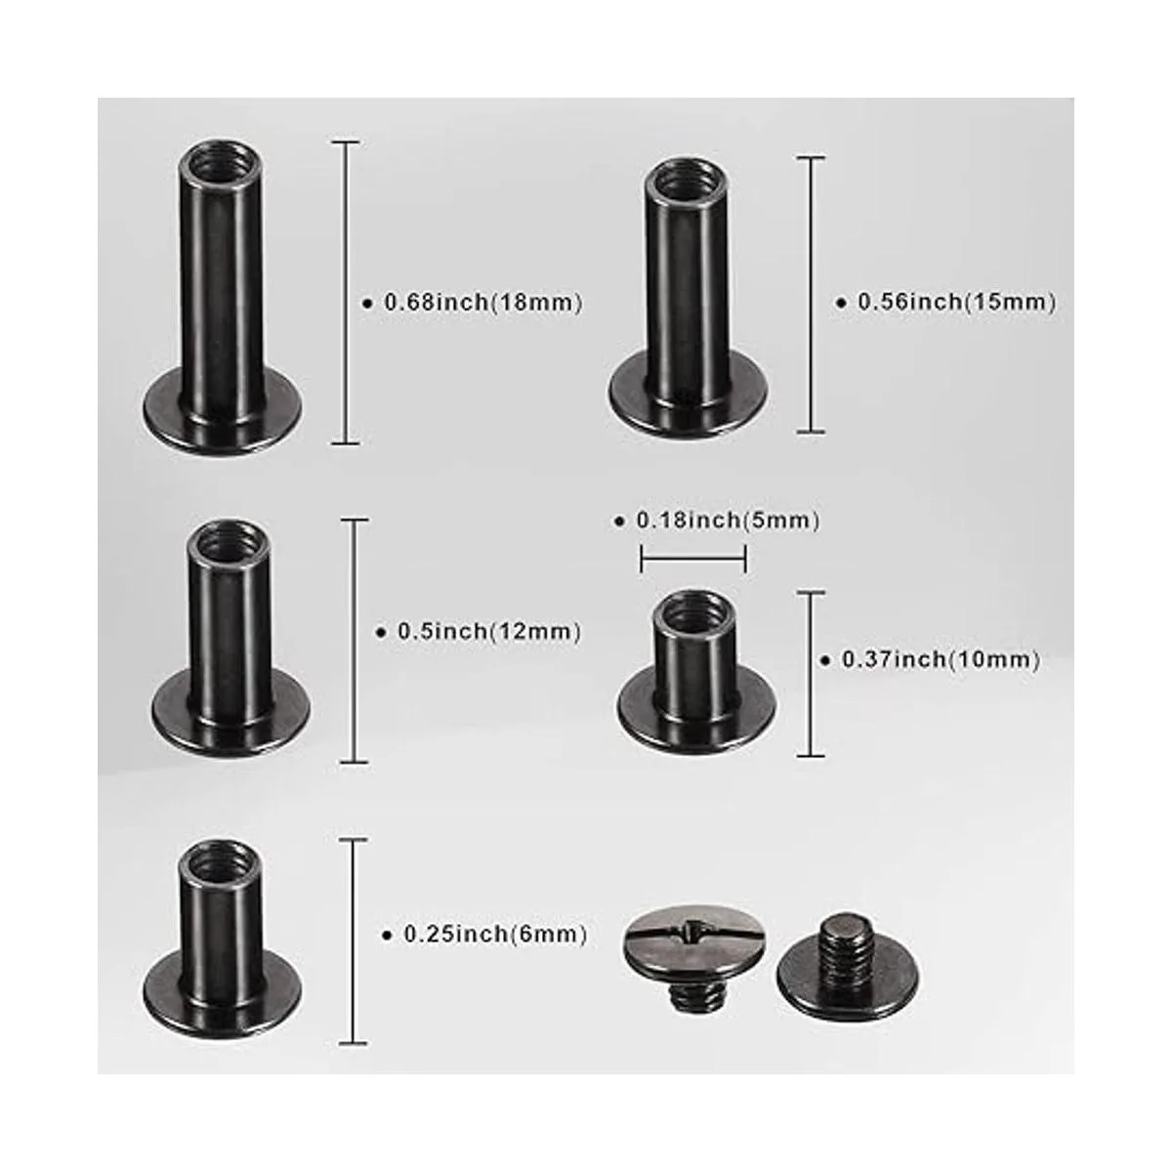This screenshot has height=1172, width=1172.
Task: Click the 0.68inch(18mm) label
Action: [x=483, y=302]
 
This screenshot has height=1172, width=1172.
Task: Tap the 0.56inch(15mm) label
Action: [x=957, y=302]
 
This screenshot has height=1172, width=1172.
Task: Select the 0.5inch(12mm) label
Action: [x=489, y=631]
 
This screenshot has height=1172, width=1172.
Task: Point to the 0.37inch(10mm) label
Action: [x=941, y=660]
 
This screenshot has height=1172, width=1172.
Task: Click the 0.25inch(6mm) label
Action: [x=496, y=935]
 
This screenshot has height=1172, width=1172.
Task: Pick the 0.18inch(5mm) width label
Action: [x=728, y=521]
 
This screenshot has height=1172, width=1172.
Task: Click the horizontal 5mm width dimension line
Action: [x=693, y=559]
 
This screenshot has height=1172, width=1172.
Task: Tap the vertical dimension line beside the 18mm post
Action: [x=346, y=293]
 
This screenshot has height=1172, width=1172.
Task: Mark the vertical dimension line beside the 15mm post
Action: [x=811, y=294]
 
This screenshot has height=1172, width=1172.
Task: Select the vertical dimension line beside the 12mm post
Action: [x=355, y=641]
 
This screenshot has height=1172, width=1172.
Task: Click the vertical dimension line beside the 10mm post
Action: [x=811, y=674]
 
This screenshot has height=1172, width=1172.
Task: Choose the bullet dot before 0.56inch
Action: [x=842, y=303]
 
